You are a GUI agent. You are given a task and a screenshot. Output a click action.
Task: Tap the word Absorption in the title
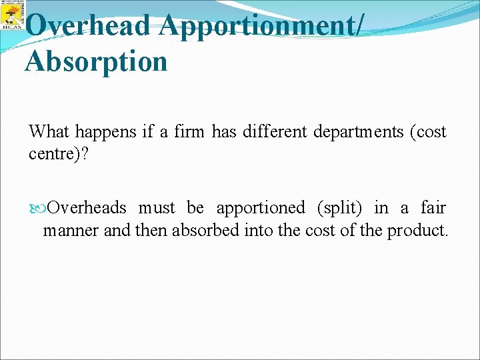96,62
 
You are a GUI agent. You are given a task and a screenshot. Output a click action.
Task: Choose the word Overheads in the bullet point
87,208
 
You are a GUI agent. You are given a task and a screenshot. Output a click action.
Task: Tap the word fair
433,208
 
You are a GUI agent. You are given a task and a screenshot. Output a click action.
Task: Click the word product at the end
418,231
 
